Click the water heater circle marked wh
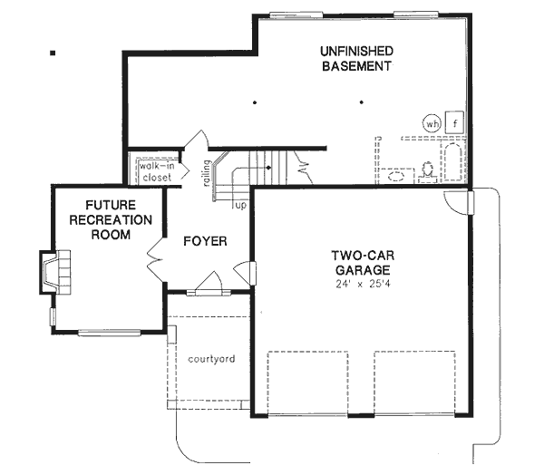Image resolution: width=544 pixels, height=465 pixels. click(x=432, y=123)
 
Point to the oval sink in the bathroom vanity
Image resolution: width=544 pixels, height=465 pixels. click(x=396, y=176)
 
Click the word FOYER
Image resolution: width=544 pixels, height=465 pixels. click(x=204, y=241)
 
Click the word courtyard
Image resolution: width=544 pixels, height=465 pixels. click(x=211, y=359)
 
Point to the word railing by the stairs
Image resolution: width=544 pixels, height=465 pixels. click(x=209, y=171)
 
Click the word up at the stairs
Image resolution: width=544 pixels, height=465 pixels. click(x=240, y=207)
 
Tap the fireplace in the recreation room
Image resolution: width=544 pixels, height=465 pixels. click(x=51, y=272)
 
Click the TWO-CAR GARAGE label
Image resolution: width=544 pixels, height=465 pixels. click(x=360, y=262)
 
